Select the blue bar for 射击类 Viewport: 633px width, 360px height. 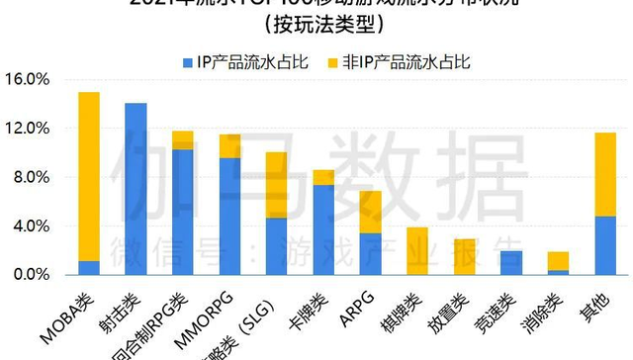[x=136, y=188]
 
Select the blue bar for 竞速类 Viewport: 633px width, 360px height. [x=510, y=262]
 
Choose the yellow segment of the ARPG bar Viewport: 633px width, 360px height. [x=370, y=212]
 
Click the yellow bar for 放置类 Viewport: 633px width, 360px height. [x=464, y=256]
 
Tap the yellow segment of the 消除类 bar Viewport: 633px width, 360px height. [x=558, y=261]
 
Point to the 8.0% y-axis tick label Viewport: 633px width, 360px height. [x=29, y=177]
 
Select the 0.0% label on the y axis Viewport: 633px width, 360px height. [x=29, y=274]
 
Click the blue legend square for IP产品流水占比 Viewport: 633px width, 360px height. [x=188, y=62]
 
